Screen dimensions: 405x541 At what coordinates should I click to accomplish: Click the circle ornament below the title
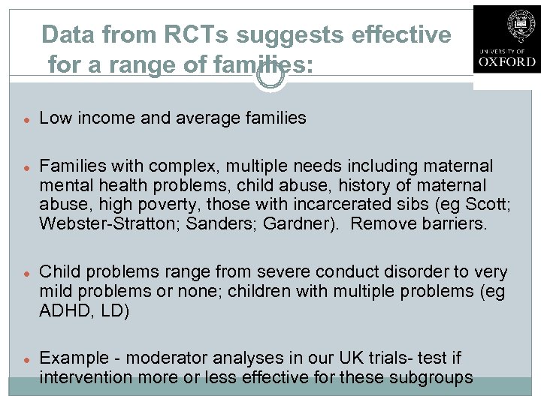pos(270,76)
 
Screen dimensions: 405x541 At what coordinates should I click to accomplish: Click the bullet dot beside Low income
pos(26,118)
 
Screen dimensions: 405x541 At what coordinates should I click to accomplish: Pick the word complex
pos(183,165)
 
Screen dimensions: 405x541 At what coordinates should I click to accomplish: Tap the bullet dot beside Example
pos(26,359)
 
